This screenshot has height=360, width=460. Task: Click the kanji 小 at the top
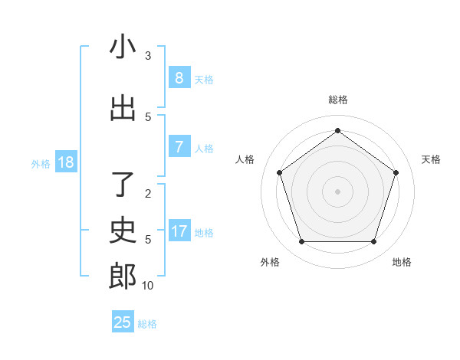coord(123,47)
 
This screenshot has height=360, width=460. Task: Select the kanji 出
coord(123,108)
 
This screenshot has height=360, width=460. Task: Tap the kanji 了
coord(123,185)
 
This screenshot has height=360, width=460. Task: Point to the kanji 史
coord(123,231)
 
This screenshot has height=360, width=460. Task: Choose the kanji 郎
coord(123,277)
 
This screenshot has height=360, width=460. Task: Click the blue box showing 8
coord(179,77)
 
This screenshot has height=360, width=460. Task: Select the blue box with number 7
coord(179,146)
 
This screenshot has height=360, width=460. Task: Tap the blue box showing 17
coord(179,231)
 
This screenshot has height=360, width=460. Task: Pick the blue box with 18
coord(65,162)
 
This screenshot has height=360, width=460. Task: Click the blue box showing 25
coord(123,322)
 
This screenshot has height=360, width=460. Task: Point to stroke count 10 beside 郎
coord(148,286)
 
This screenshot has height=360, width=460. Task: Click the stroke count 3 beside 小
coord(148,56)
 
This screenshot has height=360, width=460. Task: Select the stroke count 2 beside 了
coord(148,194)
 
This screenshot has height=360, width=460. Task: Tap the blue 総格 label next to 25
coord(147,324)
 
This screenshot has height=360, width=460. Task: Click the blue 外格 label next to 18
coord(41,163)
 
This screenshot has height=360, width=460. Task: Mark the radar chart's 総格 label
coord(337,100)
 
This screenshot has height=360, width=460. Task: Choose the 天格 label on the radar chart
coord(431,159)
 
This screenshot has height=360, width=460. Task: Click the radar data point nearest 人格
coord(279,172)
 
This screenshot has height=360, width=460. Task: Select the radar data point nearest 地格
coord(373,242)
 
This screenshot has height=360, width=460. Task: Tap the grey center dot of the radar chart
coord(337,191)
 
